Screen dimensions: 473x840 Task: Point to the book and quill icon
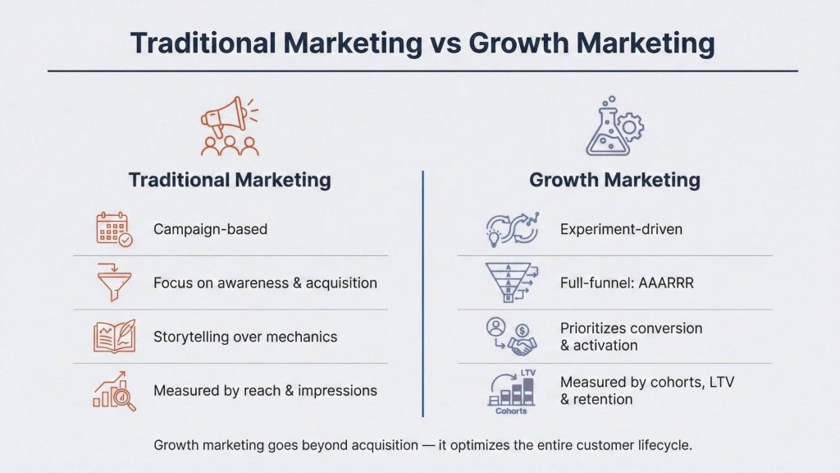pyautogui.click(x=114, y=337)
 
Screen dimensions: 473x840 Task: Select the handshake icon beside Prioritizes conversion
pyautogui.click(x=510, y=337)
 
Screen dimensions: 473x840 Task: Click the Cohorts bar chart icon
pyautogui.click(x=512, y=390)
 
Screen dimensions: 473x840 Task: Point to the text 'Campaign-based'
pyautogui.click(x=210, y=229)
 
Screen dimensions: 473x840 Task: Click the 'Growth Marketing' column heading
pyautogui.click(x=614, y=180)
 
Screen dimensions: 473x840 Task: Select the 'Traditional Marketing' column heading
pyautogui.click(x=230, y=180)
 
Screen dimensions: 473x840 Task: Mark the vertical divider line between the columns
pyautogui.click(x=422, y=296)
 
